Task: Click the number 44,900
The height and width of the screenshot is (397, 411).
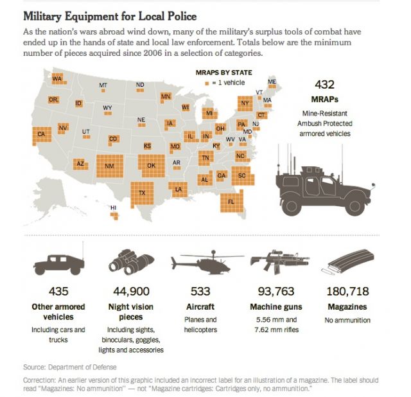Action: [132, 292]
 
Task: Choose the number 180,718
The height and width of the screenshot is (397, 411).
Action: [347, 292]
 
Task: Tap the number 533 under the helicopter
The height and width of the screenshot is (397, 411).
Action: [200, 292]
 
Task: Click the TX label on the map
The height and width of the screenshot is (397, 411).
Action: [143, 193]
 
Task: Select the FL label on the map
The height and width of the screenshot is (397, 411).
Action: [231, 202]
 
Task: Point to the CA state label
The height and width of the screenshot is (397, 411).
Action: [42, 134]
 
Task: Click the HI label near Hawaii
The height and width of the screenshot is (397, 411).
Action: [114, 207]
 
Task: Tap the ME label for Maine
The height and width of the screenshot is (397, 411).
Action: [272, 82]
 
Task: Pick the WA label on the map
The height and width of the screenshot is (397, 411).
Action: [57, 79]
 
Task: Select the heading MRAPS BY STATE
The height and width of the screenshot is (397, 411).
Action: [223, 73]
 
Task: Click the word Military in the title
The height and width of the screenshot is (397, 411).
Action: [49, 15]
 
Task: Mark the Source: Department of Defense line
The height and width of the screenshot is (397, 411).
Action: [70, 367]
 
